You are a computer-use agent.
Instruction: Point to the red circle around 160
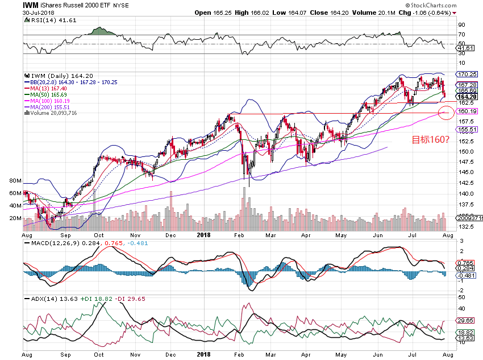447,113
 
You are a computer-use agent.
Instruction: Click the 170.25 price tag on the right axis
467,74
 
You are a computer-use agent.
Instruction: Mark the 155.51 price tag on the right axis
467,129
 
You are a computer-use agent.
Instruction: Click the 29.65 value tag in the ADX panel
466,320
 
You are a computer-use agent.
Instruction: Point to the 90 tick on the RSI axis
461,25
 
